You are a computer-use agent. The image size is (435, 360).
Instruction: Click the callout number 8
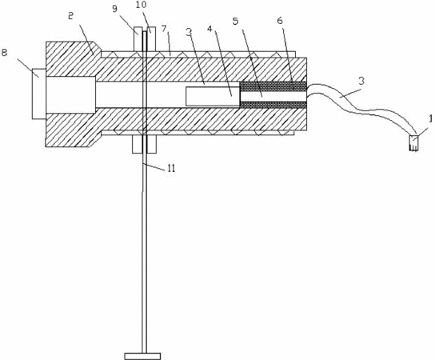[x=5, y=53]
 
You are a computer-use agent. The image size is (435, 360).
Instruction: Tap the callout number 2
[x=70, y=16]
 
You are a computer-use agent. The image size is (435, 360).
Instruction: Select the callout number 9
[x=114, y=9]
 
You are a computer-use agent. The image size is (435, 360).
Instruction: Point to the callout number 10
[x=142, y=4]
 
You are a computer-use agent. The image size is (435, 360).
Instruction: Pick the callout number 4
[x=210, y=29]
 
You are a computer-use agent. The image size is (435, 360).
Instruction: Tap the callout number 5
[x=236, y=22]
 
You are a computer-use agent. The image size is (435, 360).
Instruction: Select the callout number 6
[x=280, y=20]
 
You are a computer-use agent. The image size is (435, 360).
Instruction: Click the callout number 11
[x=171, y=169]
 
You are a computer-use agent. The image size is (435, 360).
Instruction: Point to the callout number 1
[x=430, y=119]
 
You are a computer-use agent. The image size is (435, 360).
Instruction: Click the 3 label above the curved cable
[x=361, y=82]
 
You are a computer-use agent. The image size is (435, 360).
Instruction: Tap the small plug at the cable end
[x=413, y=143]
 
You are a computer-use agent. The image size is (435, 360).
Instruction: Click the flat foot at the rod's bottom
[x=142, y=356]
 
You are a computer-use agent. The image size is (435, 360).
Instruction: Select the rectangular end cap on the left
[x=39, y=94]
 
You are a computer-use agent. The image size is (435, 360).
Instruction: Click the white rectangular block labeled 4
[x=213, y=96]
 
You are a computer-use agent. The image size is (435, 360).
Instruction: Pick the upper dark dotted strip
[x=273, y=86]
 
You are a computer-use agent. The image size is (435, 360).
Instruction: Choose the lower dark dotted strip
[x=273, y=105]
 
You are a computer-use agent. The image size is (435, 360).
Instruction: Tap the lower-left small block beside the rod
[x=137, y=144]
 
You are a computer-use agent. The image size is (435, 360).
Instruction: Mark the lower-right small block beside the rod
[x=151, y=144]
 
